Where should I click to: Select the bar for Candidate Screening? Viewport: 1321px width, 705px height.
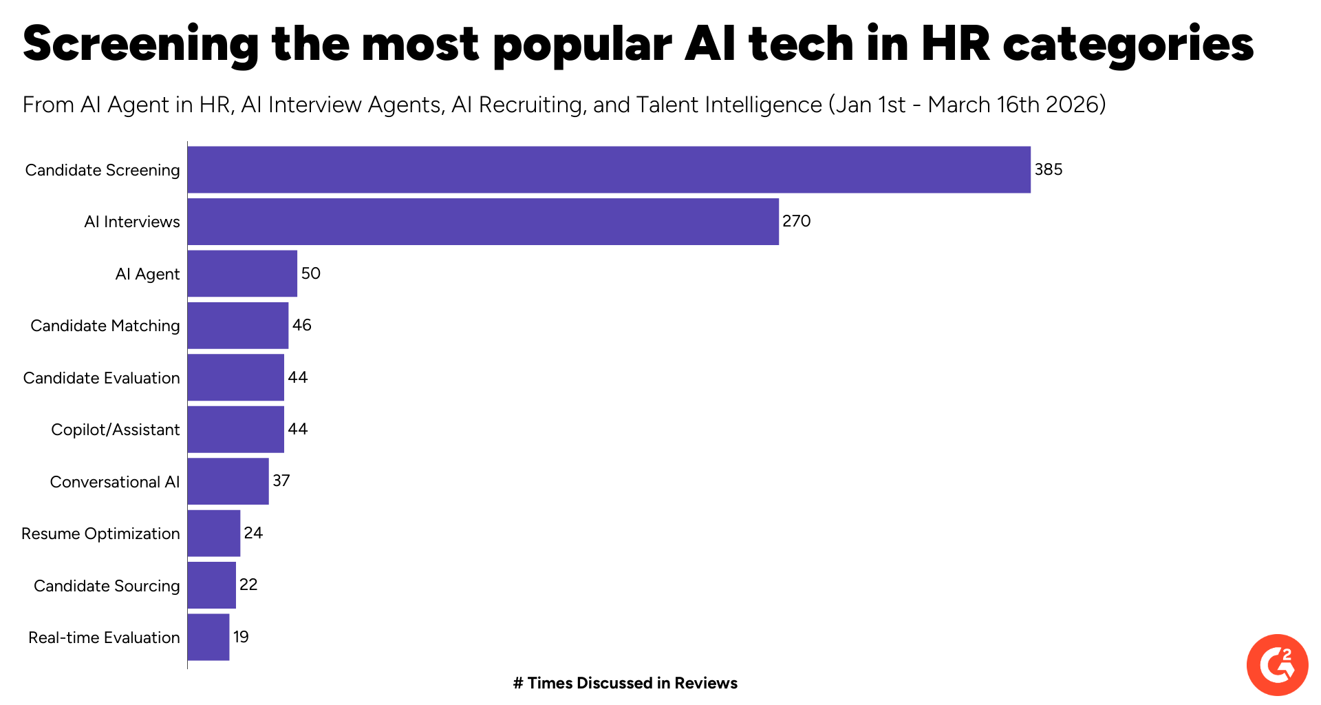pos(609,169)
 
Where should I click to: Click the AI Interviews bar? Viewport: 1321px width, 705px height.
pos(483,222)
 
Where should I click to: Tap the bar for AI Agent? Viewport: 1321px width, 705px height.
pos(242,273)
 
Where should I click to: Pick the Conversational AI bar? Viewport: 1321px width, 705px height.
pos(228,481)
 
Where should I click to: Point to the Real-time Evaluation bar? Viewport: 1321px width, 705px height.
pos(208,637)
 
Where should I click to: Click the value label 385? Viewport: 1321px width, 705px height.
pos(1048,169)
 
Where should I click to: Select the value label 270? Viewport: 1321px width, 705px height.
pos(796,221)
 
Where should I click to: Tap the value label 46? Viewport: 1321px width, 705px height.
pos(301,325)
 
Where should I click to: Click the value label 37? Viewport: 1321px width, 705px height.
pos(281,481)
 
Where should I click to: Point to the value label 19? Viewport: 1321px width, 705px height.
pos(241,637)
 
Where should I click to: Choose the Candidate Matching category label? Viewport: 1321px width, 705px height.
pos(105,326)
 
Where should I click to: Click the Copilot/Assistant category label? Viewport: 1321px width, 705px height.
pos(115,430)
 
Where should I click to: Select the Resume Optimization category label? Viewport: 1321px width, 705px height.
pos(100,534)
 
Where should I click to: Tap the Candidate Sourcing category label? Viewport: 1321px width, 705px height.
pos(107,586)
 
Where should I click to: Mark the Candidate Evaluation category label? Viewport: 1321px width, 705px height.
pos(101,378)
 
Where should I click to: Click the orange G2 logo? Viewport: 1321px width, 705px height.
pos(1277,665)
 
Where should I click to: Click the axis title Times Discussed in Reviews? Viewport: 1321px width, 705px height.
pos(625,683)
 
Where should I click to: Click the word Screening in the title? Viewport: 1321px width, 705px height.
pos(140,44)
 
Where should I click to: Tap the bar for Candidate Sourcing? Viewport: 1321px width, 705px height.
pos(212,585)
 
